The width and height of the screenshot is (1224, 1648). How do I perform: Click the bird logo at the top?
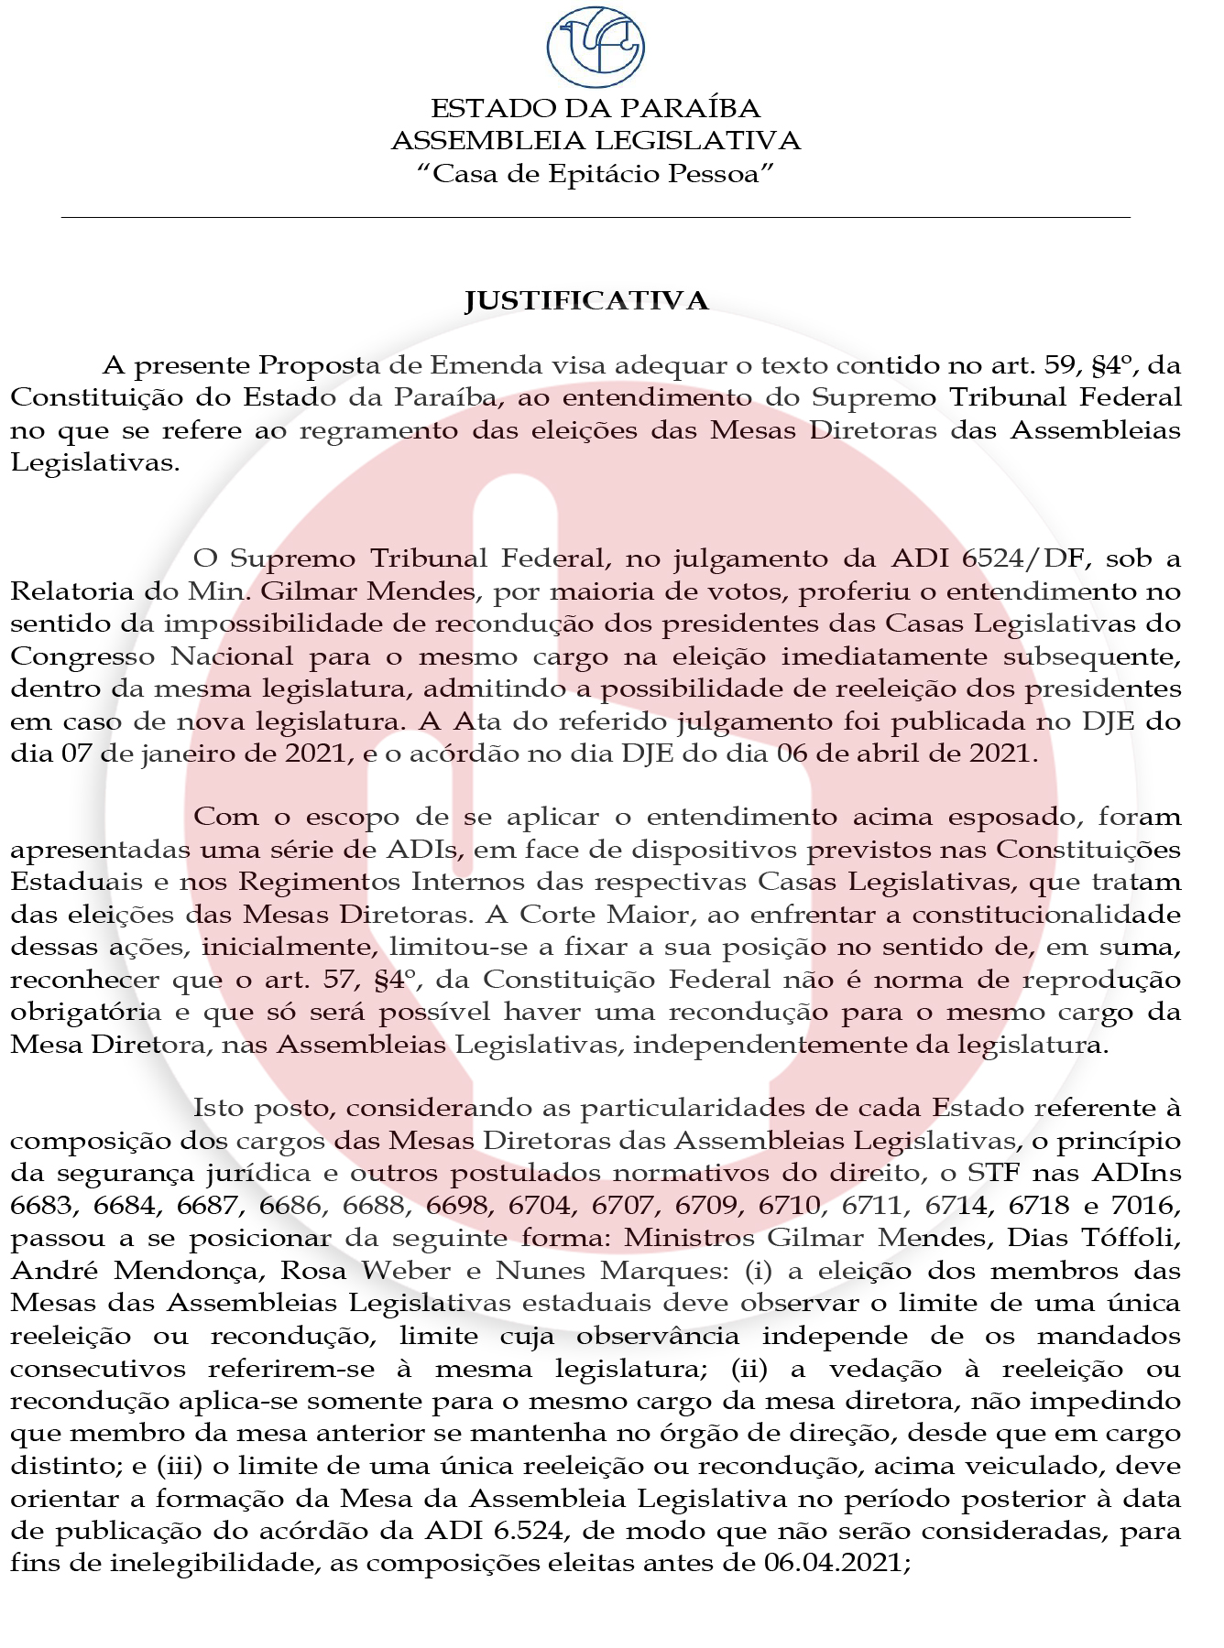click(596, 46)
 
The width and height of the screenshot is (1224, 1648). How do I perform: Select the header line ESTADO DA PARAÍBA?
click(596, 109)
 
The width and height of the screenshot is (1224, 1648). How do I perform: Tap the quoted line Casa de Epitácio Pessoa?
click(596, 173)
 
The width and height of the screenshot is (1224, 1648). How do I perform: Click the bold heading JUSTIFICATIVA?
click(586, 301)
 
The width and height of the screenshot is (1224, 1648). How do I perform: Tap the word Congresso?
click(82, 657)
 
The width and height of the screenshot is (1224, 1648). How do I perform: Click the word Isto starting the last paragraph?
click(217, 1109)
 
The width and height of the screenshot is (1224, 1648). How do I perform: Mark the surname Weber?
click(406, 1271)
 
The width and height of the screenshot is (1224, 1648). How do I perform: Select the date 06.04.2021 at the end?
click(834, 1563)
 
